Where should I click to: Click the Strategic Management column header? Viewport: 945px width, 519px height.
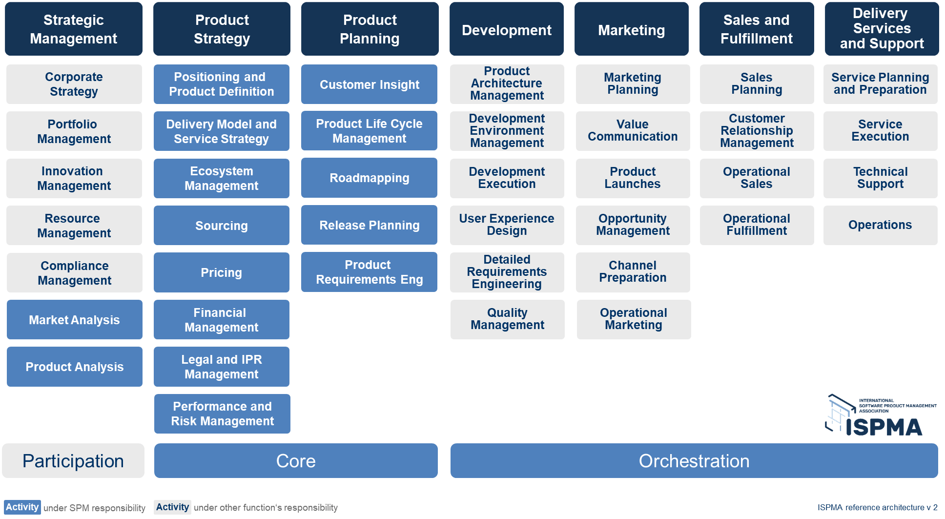coord(73,29)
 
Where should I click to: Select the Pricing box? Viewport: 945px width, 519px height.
coord(222,272)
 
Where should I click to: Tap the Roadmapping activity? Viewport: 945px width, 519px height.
coord(369,178)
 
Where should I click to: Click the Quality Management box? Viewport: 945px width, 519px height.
coord(507,319)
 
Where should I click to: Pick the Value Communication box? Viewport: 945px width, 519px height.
coord(633,131)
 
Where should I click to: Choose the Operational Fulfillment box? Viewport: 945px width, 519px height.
coord(757,225)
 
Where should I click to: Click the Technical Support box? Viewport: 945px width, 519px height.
coord(880,178)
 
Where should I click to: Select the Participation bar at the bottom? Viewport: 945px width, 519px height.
coord(73,460)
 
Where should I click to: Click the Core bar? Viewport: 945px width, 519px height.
coord(296,460)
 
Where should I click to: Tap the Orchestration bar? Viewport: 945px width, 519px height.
coord(694,460)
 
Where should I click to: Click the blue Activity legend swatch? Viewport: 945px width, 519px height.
coord(22,507)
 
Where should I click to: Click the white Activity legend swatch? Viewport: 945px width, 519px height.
coord(172,507)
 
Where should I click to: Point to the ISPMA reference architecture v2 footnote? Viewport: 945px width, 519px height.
coord(877,507)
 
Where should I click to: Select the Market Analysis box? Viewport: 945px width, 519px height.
coord(74,320)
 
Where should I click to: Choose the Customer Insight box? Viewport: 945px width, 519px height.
coord(369,84)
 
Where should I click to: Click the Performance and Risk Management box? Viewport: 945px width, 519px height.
coord(222,414)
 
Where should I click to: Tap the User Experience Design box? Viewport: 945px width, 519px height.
coord(507,225)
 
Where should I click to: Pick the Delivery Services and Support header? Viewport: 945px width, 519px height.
coord(882,29)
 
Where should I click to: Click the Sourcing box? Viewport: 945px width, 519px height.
coord(222,226)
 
